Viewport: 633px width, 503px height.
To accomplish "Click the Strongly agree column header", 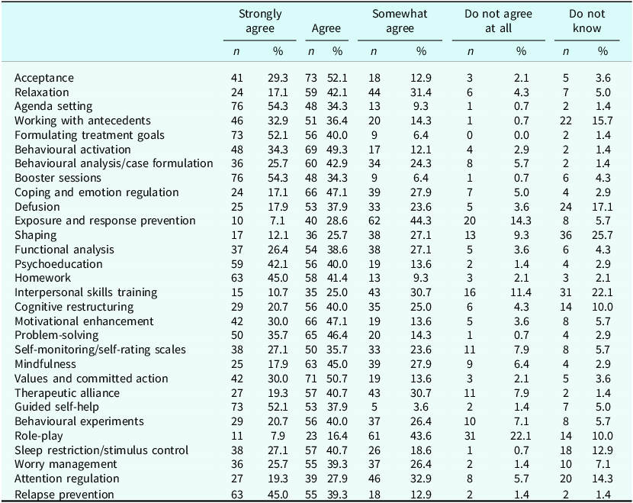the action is [260, 21].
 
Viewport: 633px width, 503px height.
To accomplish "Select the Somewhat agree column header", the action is [400, 21].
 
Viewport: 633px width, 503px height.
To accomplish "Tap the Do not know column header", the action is [587, 21].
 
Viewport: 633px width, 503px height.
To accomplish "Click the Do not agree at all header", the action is [498, 21].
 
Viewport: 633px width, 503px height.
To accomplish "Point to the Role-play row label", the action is [39, 436].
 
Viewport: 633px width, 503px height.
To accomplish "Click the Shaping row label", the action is [36, 235].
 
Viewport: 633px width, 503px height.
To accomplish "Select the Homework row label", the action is [43, 278].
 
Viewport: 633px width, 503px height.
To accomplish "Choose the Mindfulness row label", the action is [45, 364].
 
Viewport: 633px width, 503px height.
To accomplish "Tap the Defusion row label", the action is [37, 207].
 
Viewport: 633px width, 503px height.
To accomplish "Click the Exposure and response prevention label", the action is [105, 221].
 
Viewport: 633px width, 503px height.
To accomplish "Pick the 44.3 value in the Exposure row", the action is [421, 221].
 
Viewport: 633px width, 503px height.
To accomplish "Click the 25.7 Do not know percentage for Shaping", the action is [602, 235].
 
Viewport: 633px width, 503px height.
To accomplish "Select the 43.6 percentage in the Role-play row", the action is [421, 436].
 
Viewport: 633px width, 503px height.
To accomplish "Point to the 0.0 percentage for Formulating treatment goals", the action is [521, 135].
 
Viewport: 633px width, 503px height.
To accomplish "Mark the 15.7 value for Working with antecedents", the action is [602, 121].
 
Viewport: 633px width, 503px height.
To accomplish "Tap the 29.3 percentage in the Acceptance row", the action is [278, 78].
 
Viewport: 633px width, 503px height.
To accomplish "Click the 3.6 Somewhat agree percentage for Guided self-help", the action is [421, 407].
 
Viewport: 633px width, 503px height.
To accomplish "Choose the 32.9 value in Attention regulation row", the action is [421, 479].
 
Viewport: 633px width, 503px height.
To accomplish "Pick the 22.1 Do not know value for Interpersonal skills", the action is [602, 292].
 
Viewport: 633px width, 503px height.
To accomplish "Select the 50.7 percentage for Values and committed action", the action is [338, 379].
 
